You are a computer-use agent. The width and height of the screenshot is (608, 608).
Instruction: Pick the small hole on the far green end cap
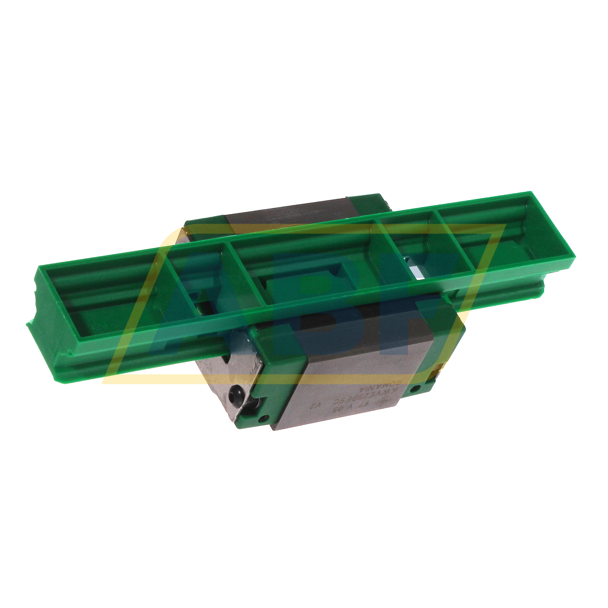(415, 388)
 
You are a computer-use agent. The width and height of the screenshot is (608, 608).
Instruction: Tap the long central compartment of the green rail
(301, 266)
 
